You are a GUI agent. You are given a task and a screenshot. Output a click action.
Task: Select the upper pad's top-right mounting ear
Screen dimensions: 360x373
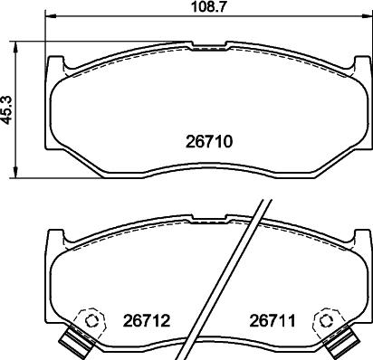point(357,66)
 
